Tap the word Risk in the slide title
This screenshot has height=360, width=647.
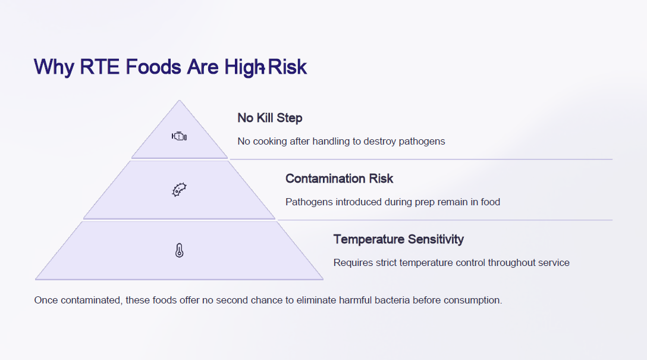point(287,67)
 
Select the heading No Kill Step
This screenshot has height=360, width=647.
point(270,118)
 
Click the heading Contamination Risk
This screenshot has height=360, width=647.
point(339,179)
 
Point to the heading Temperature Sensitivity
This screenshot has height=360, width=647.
point(398,239)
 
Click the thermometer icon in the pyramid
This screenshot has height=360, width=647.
point(179,251)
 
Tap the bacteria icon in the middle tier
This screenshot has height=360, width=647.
point(179,190)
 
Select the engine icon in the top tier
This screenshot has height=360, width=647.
point(179,136)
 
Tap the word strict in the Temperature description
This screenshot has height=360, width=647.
point(386,262)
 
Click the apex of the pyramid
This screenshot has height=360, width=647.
point(179,100)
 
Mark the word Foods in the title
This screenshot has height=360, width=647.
point(153,67)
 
